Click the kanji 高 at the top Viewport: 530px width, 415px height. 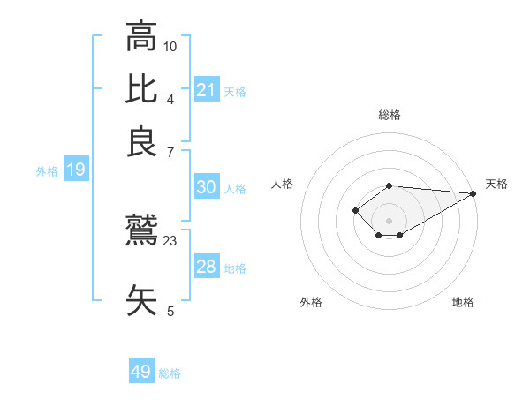pyautogui.click(x=141, y=39)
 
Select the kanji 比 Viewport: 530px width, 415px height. pyautogui.click(x=141, y=90)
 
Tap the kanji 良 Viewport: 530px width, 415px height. pyautogui.click(x=141, y=141)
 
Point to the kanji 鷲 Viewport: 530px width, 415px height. pyautogui.click(x=141, y=232)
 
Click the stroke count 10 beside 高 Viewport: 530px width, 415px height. pyautogui.click(x=170, y=45)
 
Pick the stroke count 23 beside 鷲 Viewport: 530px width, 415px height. pyautogui.click(x=170, y=239)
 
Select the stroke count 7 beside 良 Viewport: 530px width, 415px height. pyautogui.click(x=170, y=153)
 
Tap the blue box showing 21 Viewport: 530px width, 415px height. pyautogui.click(x=206, y=90)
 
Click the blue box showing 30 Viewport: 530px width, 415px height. pyautogui.click(x=206, y=187)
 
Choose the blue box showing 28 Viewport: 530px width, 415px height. pyautogui.click(x=206, y=267)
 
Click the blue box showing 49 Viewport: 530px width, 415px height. pyautogui.click(x=141, y=372)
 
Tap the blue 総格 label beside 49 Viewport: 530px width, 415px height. pyautogui.click(x=170, y=373)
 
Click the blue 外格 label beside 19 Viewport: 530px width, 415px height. pyautogui.click(x=47, y=171)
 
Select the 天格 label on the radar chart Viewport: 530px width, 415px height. pyautogui.click(x=496, y=184)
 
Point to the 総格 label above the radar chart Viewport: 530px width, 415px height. pyautogui.click(x=389, y=115)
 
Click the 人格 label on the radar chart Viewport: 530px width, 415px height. pyautogui.click(x=283, y=184)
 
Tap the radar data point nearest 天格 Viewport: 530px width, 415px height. pyautogui.click(x=473, y=193)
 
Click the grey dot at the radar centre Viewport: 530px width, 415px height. pyautogui.click(x=389, y=220)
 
